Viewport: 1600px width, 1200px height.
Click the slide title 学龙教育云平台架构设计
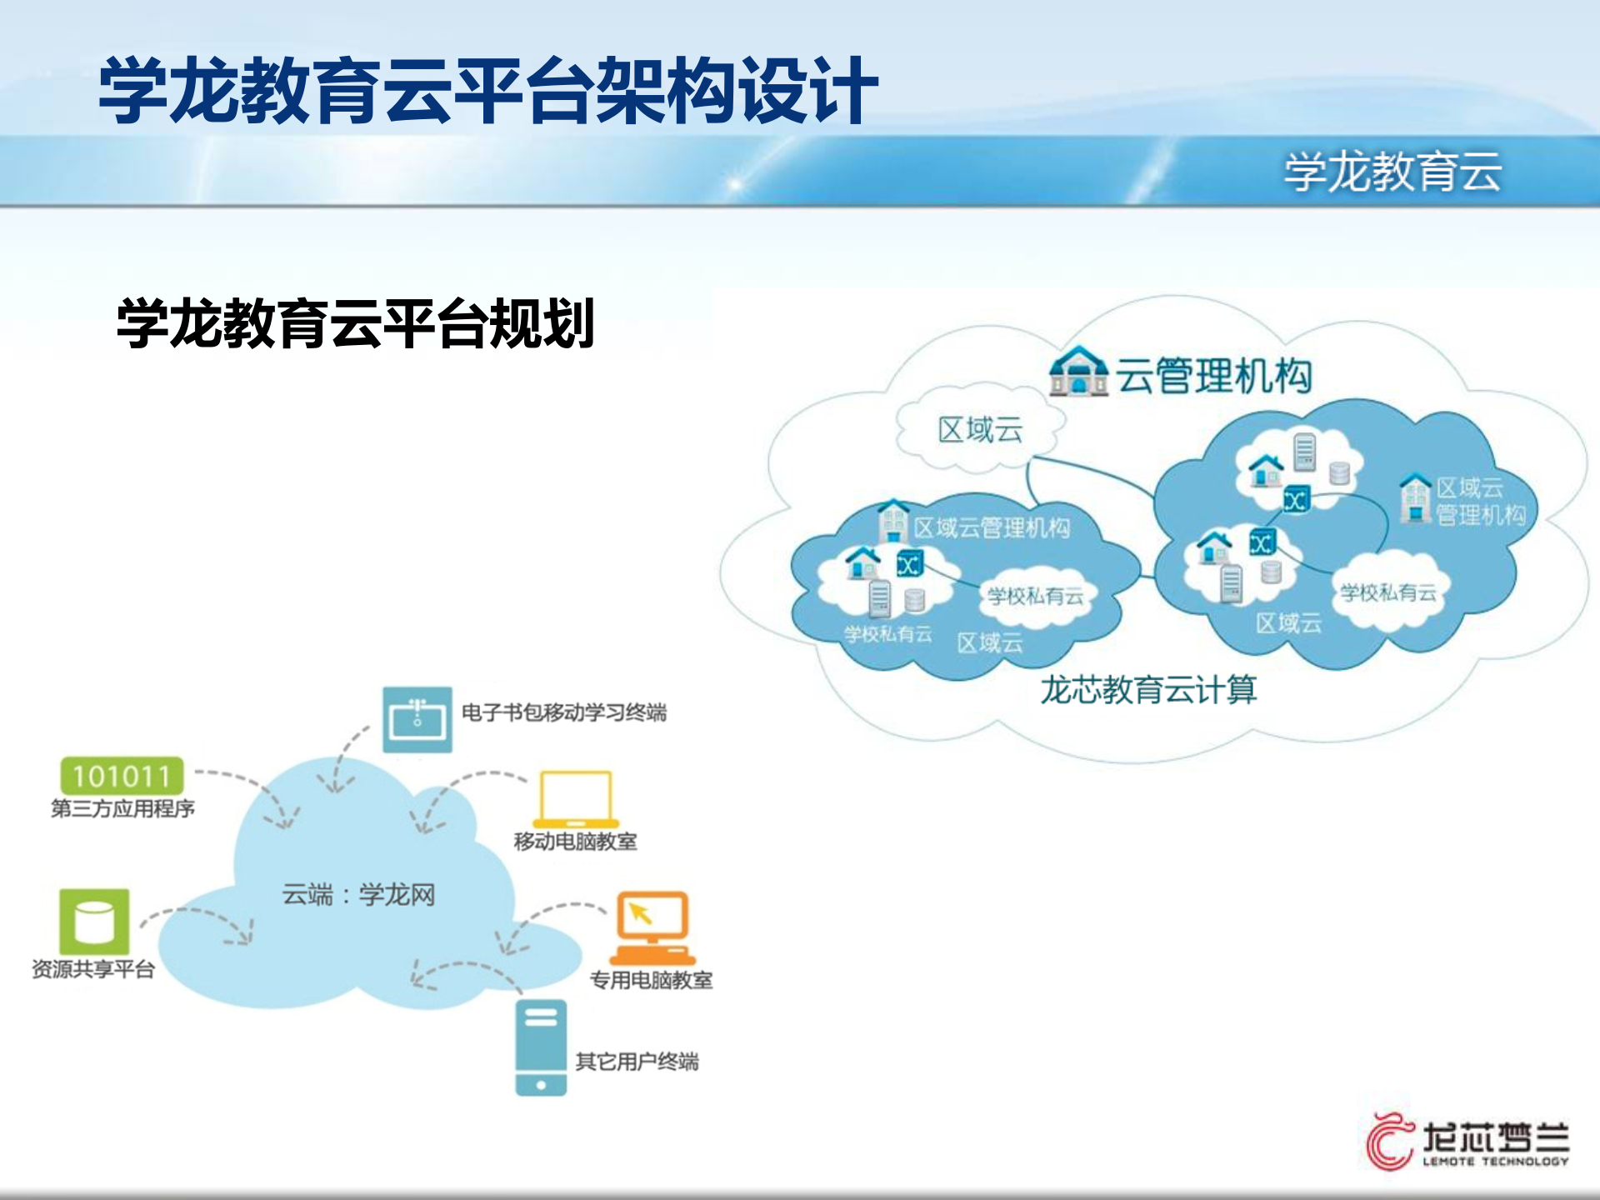coord(487,90)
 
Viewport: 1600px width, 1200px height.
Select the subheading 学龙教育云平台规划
coord(356,323)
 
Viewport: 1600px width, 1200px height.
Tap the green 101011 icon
coord(122,776)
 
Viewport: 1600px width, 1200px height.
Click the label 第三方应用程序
coord(122,808)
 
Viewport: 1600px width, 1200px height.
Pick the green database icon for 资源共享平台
coord(94,921)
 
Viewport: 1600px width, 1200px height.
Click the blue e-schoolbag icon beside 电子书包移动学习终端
coord(417,719)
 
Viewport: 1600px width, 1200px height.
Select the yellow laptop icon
coord(575,799)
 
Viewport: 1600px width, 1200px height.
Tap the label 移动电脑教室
coord(575,842)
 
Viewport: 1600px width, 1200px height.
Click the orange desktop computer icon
coord(652,927)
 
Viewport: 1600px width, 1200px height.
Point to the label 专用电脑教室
coord(651,980)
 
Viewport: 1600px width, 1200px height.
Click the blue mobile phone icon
coord(540,1047)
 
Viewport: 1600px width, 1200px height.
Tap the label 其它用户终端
coord(637,1062)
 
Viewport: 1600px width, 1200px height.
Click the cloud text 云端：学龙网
coord(358,895)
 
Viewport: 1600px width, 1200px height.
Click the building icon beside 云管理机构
coord(1078,372)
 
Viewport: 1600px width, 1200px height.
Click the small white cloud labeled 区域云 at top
coord(980,430)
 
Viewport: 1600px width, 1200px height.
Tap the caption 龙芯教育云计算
coord(1148,690)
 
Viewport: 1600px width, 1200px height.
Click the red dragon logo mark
coord(1389,1140)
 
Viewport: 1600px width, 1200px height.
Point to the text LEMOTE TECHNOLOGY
coord(1495,1162)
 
